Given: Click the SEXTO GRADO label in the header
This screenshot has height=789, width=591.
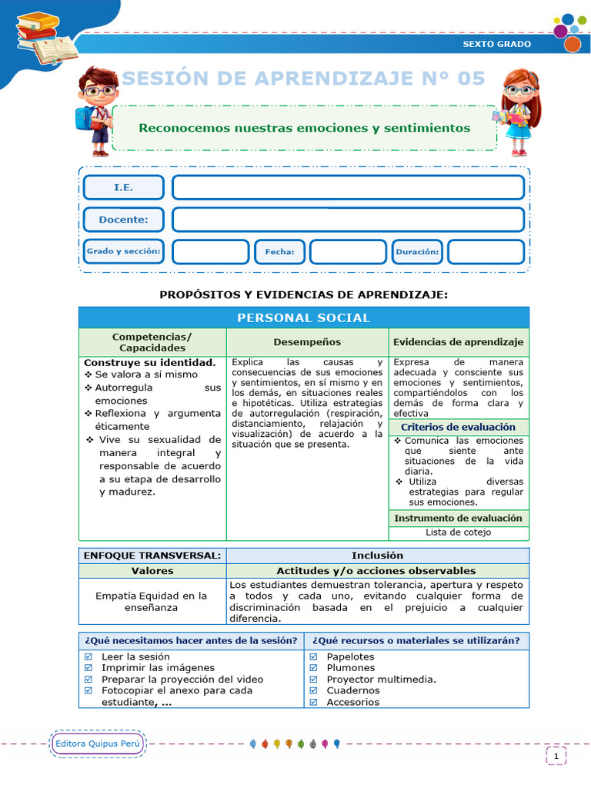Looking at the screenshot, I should point(496,44).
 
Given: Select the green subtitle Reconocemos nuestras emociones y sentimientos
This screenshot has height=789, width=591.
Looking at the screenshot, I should point(304,128).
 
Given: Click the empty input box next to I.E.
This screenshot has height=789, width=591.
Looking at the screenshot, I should point(348,187).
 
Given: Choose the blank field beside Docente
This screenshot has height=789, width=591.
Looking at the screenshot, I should point(348,220).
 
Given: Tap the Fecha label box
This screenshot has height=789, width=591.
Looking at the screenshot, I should point(274,252).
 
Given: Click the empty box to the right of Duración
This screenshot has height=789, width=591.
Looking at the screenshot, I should point(486,252).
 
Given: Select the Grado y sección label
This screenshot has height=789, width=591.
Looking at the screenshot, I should point(123,251).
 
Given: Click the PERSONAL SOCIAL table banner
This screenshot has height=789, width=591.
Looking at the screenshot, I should point(303,317).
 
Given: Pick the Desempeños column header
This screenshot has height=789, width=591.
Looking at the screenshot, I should point(307,342).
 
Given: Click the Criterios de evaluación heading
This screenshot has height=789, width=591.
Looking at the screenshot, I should point(459,427).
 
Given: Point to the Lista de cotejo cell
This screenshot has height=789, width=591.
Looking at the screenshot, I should point(459,532).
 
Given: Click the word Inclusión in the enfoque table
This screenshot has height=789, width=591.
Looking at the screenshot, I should point(377,556).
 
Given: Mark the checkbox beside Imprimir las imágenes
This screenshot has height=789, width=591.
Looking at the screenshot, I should point(88,668).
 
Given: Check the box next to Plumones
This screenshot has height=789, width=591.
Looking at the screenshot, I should point(314,668).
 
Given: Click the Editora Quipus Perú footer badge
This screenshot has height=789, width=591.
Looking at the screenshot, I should point(97,744).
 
